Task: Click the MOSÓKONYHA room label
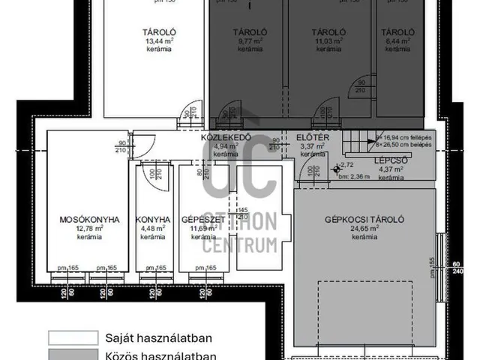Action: [x=89, y=220]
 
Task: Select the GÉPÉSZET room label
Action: [x=197, y=220]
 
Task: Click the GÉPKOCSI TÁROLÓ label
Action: [x=365, y=220]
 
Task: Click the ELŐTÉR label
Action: [x=310, y=138]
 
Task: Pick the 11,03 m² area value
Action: [x=328, y=41]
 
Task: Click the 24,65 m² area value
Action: [x=365, y=229]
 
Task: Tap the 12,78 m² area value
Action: [x=89, y=229]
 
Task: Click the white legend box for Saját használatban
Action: [x=73, y=337]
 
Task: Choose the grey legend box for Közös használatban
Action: [x=73, y=355]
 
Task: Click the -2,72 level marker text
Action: [x=346, y=165]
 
